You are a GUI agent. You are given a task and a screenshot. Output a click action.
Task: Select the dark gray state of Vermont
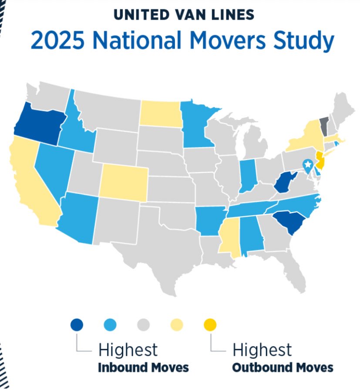pos(324,126)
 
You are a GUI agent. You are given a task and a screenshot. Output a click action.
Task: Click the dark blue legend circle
pos(77,324)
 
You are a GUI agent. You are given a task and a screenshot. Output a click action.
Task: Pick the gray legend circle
pos(143,324)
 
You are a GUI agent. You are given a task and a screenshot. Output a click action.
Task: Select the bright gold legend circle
pos(210,324)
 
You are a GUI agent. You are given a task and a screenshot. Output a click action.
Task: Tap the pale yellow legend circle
pos(177,324)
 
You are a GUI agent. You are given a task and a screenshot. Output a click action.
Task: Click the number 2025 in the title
pos(53,41)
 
